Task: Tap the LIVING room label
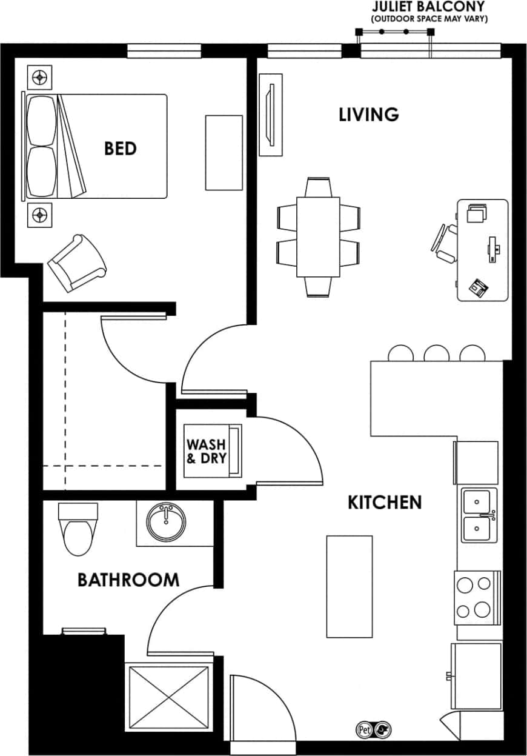pyautogui.click(x=368, y=114)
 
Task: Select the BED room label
pyautogui.click(x=120, y=148)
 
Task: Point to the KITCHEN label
pyautogui.click(x=384, y=502)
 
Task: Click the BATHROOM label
pyautogui.click(x=128, y=580)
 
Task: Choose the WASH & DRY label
pyautogui.click(x=206, y=452)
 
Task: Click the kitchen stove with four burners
pyautogui.click(x=477, y=597)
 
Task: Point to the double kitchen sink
pyautogui.click(x=478, y=516)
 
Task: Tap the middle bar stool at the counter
pyautogui.click(x=436, y=353)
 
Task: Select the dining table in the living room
pyautogui.click(x=318, y=237)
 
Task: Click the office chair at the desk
pyautogui.click(x=444, y=244)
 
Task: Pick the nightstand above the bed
pyautogui.click(x=40, y=77)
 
